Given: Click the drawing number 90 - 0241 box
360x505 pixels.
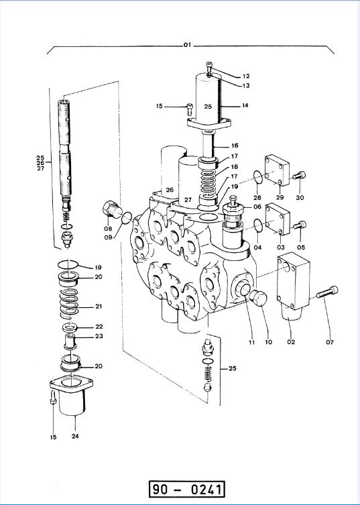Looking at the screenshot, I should (186, 490).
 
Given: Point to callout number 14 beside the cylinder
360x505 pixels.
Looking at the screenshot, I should (245, 106).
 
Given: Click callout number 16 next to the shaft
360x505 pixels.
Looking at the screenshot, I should (235, 145).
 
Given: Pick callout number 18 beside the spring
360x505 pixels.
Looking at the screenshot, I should (234, 166).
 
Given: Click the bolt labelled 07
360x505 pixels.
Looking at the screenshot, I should (324, 292).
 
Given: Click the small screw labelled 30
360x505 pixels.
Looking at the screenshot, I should (298, 177).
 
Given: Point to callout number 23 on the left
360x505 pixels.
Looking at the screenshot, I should (99, 337).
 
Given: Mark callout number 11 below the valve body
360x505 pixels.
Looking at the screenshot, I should (251, 342).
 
